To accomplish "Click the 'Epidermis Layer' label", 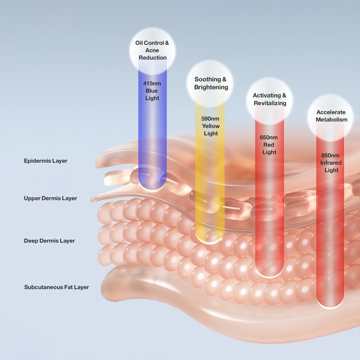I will point(46,161).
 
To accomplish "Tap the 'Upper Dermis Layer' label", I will point(51,198).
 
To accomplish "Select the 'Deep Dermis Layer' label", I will point(49,241).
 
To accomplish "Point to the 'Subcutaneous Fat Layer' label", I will point(57,288).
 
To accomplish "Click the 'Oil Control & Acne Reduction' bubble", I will point(152,50).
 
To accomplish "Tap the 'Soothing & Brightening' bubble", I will point(211,83).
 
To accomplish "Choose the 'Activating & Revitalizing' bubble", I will point(270,99).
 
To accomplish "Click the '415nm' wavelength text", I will point(152,83).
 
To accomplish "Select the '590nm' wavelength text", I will point(211,118).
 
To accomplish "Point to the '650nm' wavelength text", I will point(269,137).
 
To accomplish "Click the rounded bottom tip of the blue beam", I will point(152,187).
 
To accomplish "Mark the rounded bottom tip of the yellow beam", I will point(210,240).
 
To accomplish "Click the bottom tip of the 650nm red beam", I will point(269,274).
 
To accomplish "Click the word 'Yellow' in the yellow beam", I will point(211,126).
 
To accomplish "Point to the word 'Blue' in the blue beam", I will point(152,91).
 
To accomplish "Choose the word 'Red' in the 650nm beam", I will point(269,145).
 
